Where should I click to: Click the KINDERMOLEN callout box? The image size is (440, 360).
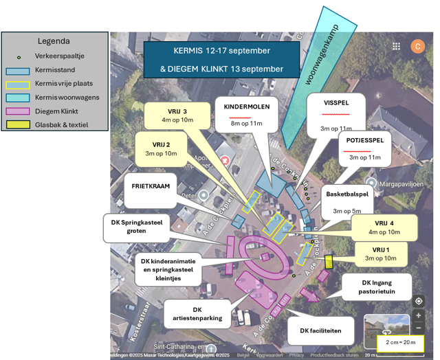point(245,115)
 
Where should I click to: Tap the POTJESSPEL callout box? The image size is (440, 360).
point(364,147)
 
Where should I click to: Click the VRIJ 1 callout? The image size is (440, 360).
point(380,254)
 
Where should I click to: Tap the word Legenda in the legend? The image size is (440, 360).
point(54,41)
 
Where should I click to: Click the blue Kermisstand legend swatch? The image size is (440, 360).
point(17,71)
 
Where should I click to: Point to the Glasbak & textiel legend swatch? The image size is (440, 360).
point(17,124)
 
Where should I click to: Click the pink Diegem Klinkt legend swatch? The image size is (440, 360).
point(17,111)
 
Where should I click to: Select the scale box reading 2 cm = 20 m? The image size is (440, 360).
point(400,343)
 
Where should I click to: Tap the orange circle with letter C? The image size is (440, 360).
point(417,46)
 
